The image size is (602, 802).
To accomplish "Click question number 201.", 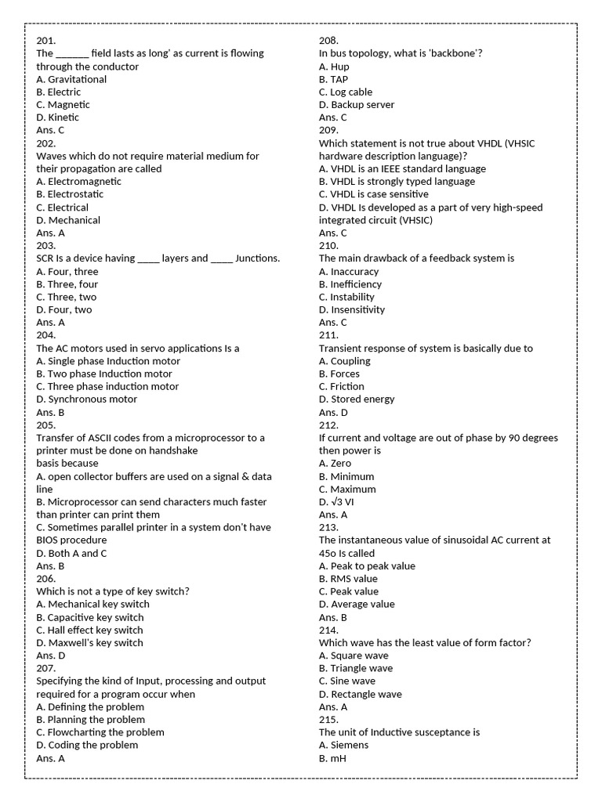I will coord(45,41).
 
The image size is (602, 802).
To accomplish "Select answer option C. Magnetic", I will coord(63,105).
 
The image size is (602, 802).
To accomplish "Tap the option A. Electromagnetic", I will coord(78,182).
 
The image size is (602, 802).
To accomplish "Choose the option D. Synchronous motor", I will coord(86,399).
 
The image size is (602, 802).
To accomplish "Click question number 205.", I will coord(46,425).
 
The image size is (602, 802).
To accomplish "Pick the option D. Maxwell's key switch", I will coord(89,643).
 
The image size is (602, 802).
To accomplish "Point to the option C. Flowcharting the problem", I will coord(100,732).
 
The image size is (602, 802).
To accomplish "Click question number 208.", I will coord(328,41).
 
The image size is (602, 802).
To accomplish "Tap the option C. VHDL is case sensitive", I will coord(373,194).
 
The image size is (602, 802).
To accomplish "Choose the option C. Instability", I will coord(346,297).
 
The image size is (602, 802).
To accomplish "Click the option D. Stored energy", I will coord(357,399).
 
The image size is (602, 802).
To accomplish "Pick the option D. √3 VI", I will coord(336,502).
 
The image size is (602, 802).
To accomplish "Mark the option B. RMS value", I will coord(348,579).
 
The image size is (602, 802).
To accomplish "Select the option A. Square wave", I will coord(351,656).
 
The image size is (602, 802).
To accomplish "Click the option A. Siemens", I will coord(343,746).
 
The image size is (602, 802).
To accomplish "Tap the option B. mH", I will coord(332,758).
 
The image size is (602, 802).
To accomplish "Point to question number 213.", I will coord(328,528).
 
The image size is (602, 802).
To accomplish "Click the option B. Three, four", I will coord(67,284).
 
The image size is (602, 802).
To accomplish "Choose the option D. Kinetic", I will coord(57,117).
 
